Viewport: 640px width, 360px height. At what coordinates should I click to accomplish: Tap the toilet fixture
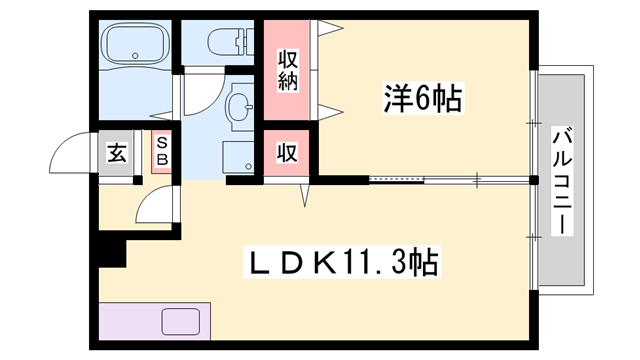tap(222, 43)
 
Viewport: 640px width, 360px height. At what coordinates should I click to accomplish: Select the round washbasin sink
tap(240, 104)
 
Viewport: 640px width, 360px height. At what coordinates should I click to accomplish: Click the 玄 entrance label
tap(118, 154)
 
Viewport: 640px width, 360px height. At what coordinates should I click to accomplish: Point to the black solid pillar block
tap(112, 249)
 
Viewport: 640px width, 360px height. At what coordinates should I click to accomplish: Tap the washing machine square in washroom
tap(237, 156)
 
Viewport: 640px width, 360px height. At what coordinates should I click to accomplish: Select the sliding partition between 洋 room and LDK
tap(450, 181)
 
